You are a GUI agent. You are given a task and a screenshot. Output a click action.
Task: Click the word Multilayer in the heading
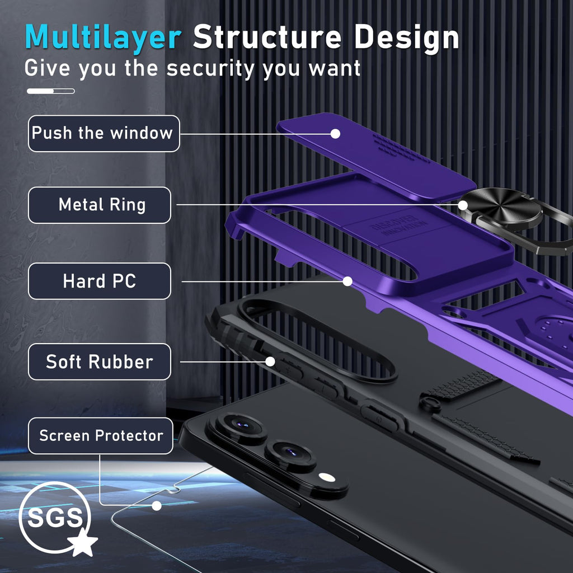(103, 37)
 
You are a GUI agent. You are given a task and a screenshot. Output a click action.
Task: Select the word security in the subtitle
(210, 68)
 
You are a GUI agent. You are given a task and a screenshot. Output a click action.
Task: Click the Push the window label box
(104, 133)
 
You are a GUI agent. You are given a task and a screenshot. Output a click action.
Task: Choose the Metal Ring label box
(100, 205)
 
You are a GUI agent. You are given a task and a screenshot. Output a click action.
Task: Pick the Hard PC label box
(100, 281)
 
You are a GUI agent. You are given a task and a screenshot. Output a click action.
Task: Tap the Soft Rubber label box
(100, 362)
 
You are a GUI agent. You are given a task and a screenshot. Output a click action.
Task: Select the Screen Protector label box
(101, 436)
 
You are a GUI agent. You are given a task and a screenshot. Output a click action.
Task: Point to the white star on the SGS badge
(83, 542)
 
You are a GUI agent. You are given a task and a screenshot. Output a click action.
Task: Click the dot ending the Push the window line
(335, 134)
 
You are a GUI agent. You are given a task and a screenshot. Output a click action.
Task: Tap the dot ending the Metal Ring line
(463, 205)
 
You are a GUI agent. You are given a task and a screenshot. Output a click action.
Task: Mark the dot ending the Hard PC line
(347, 281)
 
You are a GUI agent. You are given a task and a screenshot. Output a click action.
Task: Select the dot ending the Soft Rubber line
(270, 362)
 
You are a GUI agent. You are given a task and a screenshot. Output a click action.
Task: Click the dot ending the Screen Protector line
(157, 506)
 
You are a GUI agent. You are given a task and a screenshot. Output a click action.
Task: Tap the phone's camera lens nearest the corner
(241, 426)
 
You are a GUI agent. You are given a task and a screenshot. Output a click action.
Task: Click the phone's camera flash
(327, 477)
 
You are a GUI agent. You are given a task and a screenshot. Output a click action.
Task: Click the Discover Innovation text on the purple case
(399, 225)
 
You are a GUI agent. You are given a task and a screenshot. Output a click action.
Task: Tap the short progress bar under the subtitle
(51, 91)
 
